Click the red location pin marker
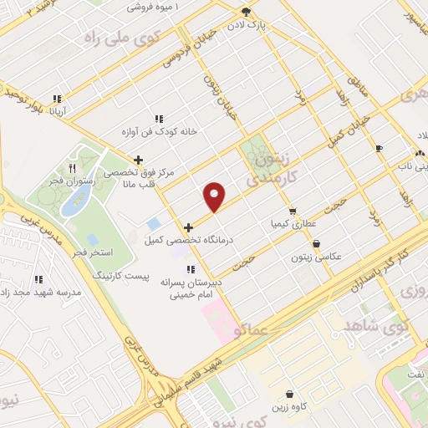tap(215, 196)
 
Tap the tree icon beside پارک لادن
tap(246, 12)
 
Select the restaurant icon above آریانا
tap(57, 98)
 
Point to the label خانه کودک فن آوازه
tap(158, 131)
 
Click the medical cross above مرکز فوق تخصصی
tap(138, 160)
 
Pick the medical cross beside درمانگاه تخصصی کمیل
tap(189, 227)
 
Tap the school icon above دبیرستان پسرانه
tap(191, 269)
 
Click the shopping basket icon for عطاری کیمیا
tap(292, 211)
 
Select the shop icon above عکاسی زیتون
tap(316, 244)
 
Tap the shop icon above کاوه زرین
tap(289, 394)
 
